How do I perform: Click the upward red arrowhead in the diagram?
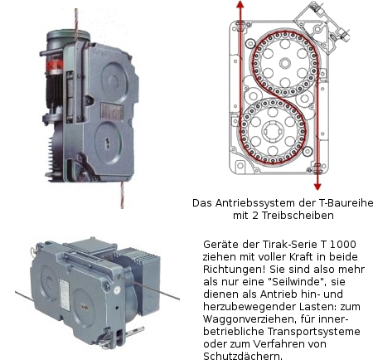pyautogui.click(x=240, y=4)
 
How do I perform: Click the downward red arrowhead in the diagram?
pyautogui.click(x=317, y=187)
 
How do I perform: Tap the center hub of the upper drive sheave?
pyautogui.click(x=285, y=63)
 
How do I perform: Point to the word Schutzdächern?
pyautogui.click(x=243, y=356)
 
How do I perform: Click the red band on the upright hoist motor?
pyautogui.click(x=55, y=66)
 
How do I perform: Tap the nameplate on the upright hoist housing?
pyautogui.click(x=111, y=111)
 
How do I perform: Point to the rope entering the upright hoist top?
pyautogui.click(x=76, y=23)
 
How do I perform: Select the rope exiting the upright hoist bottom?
pyautogui.click(x=122, y=195)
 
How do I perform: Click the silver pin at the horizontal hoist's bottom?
pyautogui.click(x=134, y=331)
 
